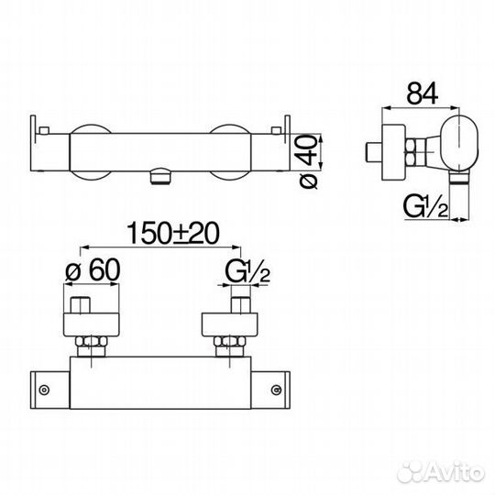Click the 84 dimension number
(422, 93)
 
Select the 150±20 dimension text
(172, 234)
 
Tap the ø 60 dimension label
(93, 270)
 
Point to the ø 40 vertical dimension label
(308, 161)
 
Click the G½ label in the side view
(426, 207)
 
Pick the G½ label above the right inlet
(247, 272)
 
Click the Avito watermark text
(441, 472)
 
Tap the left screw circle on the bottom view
(44, 390)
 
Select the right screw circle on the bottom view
(277, 390)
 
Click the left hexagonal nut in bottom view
(92, 342)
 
